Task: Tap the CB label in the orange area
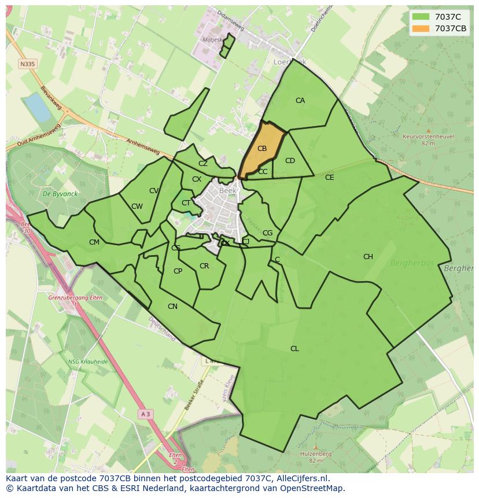point(262,149)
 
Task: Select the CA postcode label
point(300,101)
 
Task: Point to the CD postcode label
point(290,161)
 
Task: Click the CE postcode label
point(329,178)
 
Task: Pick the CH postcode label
point(368,257)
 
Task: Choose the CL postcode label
point(294,349)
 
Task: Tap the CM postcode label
point(94,242)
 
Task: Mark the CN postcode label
point(172,307)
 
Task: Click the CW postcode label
point(137,206)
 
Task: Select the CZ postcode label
point(203,164)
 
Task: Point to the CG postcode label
point(267,233)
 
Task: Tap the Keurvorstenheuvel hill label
point(428,137)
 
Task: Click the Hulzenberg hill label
point(315,454)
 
